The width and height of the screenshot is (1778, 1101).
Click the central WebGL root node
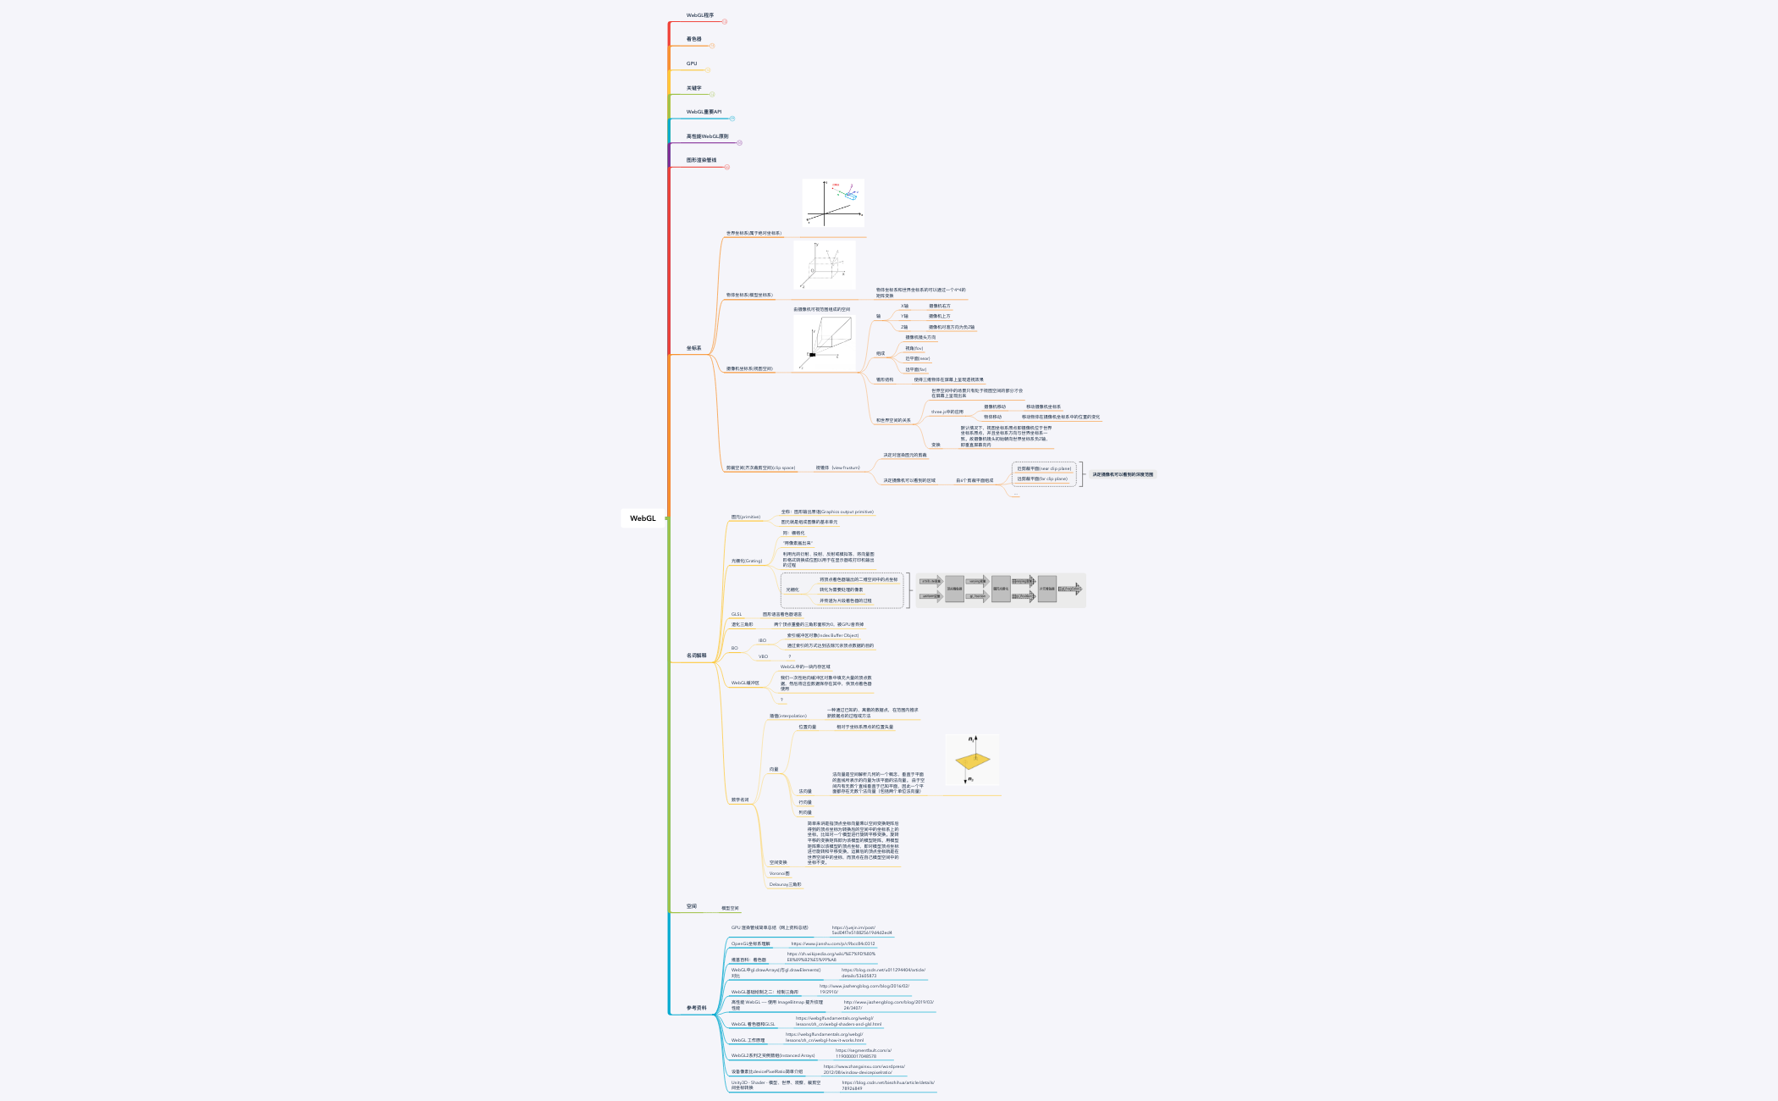pyautogui.click(x=643, y=518)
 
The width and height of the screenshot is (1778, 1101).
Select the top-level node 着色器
pyautogui.click(x=693, y=39)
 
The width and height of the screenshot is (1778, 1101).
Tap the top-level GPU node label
pyautogui.click(x=692, y=64)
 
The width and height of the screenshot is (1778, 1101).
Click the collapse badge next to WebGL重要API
pyautogui.click(x=732, y=119)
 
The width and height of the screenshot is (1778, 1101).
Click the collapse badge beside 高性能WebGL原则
pyautogui.click(x=739, y=143)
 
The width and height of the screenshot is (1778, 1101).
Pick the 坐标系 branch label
pyautogui.click(x=693, y=348)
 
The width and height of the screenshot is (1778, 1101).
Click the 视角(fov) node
pyautogui.click(x=914, y=348)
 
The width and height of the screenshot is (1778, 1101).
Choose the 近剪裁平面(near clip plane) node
pyautogui.click(x=1043, y=468)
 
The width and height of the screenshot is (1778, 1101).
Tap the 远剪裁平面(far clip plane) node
pyautogui.click(x=1041, y=479)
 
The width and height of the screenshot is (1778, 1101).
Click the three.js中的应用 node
pyautogui.click(x=947, y=412)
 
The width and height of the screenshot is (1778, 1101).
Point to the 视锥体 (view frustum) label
pyautogui.click(x=837, y=468)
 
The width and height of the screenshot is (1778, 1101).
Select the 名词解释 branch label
pyautogui.click(x=696, y=656)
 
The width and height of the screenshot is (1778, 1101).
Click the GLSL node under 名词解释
pyautogui.click(x=736, y=614)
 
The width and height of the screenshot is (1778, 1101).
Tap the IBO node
pyautogui.click(x=762, y=640)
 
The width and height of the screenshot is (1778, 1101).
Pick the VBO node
pyautogui.click(x=763, y=656)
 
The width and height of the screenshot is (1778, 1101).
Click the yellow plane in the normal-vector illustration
pyautogui.click(x=972, y=761)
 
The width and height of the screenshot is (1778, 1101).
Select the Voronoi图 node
pyautogui.click(x=779, y=873)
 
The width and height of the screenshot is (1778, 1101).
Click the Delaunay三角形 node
pyautogui.click(x=785, y=884)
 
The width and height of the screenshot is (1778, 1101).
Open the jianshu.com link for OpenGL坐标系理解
pyautogui.click(x=832, y=943)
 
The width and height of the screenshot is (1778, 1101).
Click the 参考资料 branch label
pyautogui.click(x=696, y=1008)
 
